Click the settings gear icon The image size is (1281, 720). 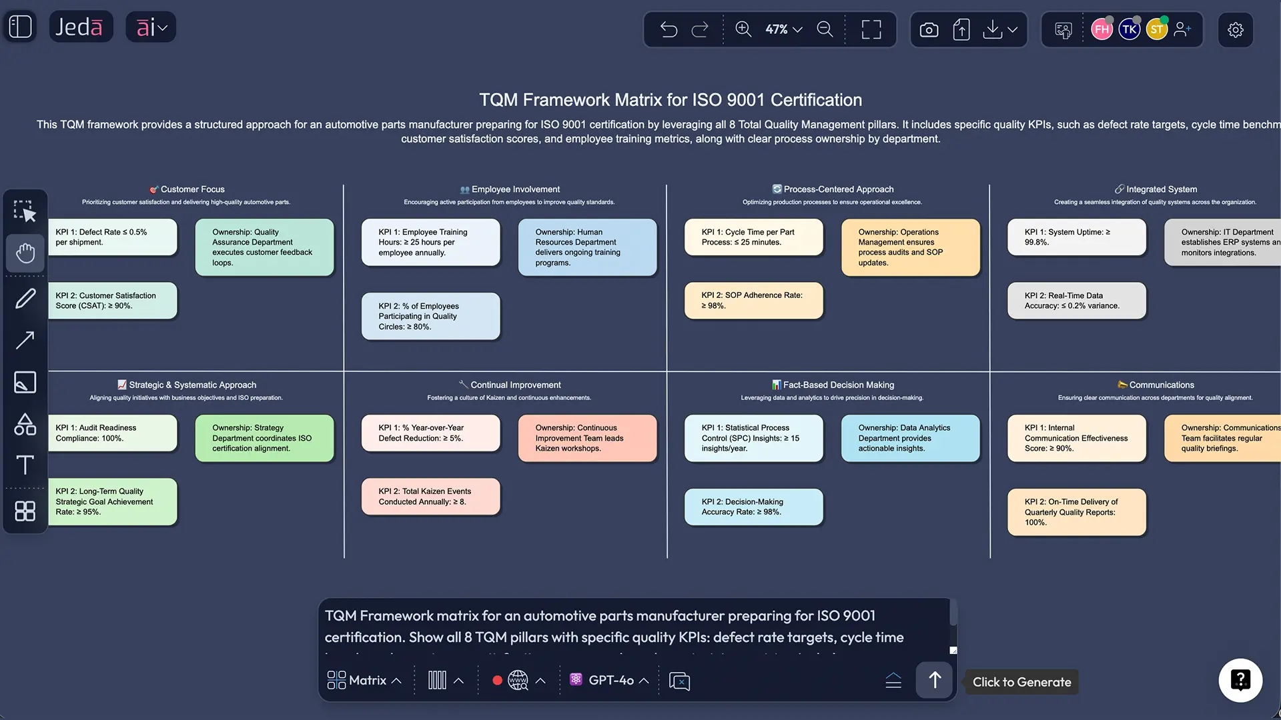(1235, 30)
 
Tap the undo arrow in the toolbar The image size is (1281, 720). (669, 29)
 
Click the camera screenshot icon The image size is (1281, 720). (929, 30)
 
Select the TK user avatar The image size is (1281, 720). (1129, 29)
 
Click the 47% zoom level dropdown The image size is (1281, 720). (783, 29)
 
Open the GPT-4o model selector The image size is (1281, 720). (610, 680)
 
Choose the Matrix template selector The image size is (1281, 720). (364, 680)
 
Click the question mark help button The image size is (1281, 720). (1240, 680)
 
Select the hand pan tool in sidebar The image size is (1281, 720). (25, 253)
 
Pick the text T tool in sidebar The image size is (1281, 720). (25, 465)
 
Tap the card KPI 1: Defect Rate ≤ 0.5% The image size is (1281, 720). (112, 237)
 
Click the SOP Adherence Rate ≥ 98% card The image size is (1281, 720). (753, 301)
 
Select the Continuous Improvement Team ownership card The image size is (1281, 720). (587, 438)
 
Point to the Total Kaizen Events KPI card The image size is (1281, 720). (430, 497)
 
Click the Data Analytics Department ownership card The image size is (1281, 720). (910, 438)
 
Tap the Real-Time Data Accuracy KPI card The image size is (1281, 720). (1076, 301)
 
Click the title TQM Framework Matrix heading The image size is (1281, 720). (671, 100)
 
